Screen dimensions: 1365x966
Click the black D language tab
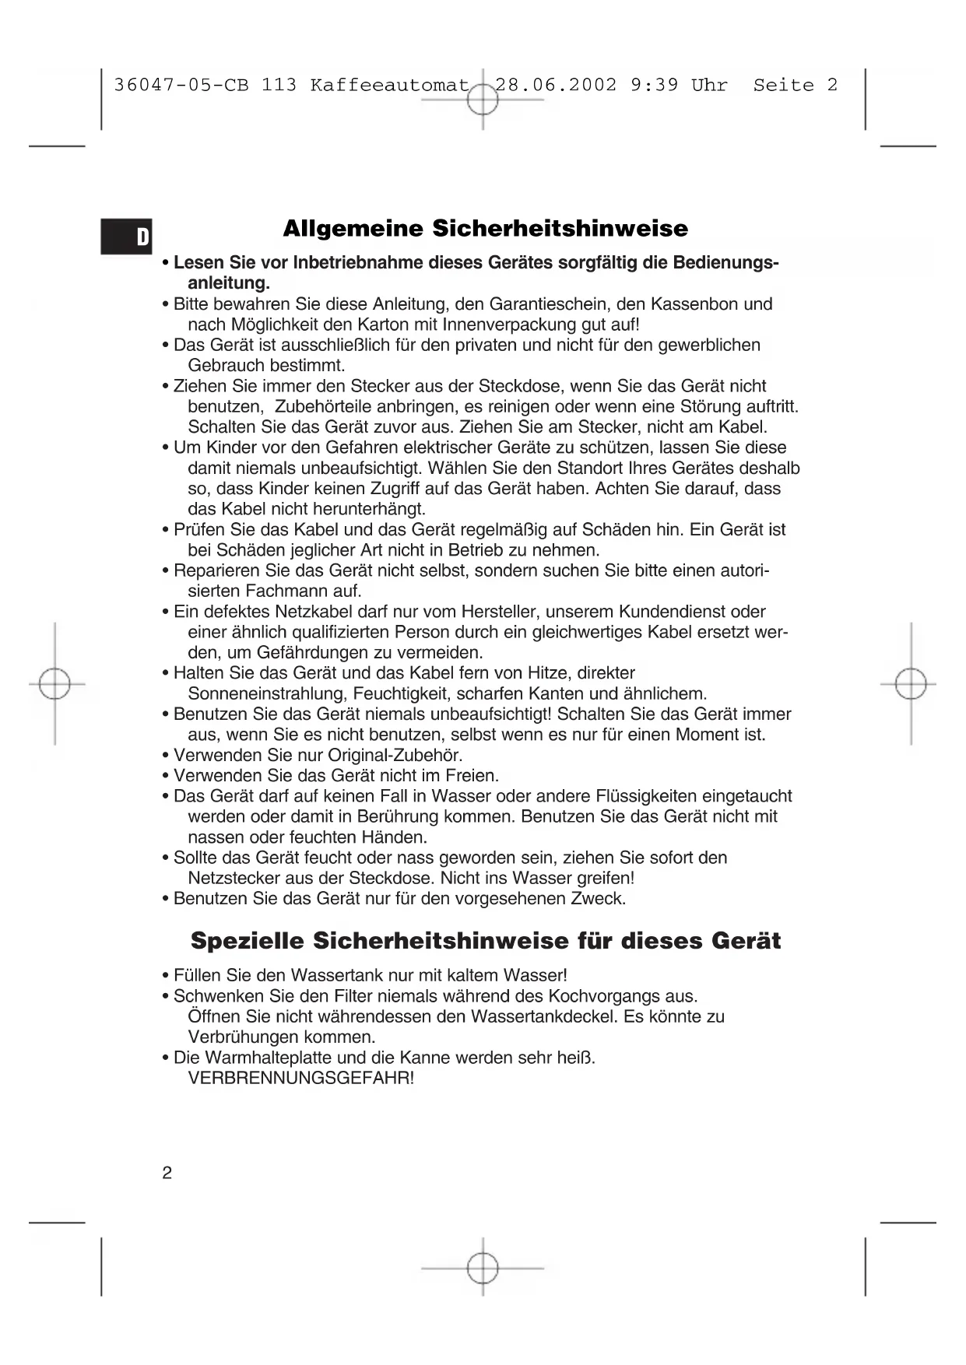[127, 237]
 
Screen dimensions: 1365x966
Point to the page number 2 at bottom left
[167, 1173]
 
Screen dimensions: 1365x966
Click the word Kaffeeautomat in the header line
[389, 85]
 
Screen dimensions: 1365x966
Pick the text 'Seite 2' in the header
[795, 85]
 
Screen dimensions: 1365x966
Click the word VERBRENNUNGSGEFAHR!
[301, 1079]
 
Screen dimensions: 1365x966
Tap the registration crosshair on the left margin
[54, 684]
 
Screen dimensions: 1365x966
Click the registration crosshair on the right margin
[911, 684]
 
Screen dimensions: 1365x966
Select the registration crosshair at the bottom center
[483, 1268]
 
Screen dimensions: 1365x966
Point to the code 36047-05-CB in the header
[181, 85]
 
